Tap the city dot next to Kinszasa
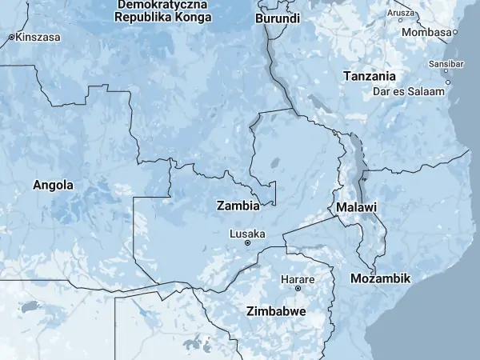click(11, 38)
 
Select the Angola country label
click(53, 185)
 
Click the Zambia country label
click(238, 206)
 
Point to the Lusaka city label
click(247, 234)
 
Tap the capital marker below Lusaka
click(247, 242)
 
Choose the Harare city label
click(298, 279)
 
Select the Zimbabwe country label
click(276, 310)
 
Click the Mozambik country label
click(380, 278)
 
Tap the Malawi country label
click(357, 207)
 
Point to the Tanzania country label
click(369, 76)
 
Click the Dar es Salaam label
click(408, 91)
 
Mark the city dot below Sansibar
click(447, 82)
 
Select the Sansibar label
click(446, 63)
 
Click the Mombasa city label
click(426, 32)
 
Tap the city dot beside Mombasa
click(454, 33)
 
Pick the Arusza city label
click(400, 13)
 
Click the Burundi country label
click(278, 18)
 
